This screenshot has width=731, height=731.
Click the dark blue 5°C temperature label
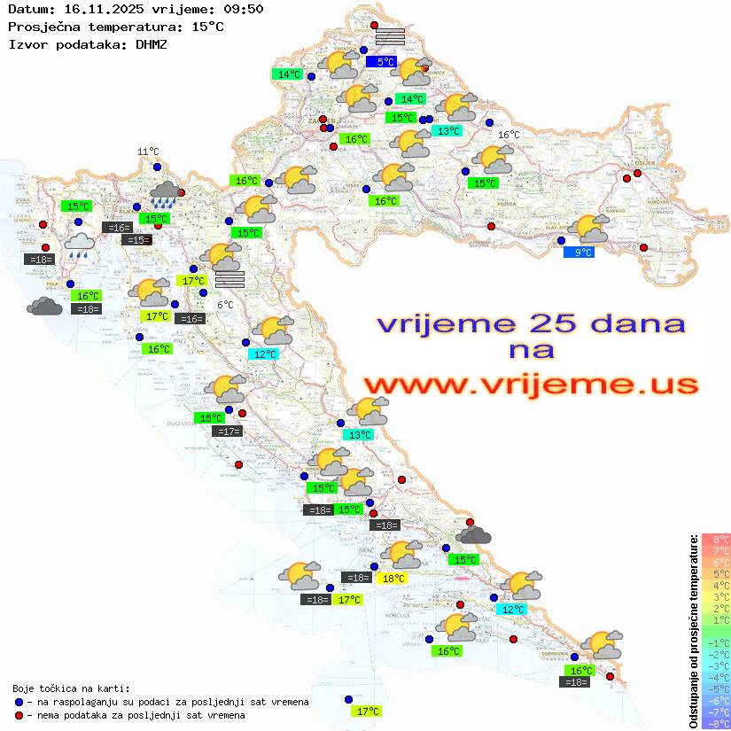click(x=385, y=62)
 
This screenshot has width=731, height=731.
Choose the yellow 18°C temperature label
click(x=393, y=579)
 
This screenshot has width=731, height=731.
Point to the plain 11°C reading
click(x=148, y=152)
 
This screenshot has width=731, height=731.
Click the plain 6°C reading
click(x=225, y=305)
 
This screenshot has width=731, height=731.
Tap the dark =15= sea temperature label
click(x=137, y=240)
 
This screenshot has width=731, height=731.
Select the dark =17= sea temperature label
click(x=228, y=432)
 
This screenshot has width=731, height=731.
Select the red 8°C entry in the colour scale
click(x=716, y=540)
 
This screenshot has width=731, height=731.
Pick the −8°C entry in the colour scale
click(x=716, y=723)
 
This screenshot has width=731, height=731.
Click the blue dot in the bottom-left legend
click(x=19, y=702)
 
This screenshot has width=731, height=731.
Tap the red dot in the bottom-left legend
click(x=19, y=715)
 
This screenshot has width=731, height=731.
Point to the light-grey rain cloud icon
click(x=80, y=244)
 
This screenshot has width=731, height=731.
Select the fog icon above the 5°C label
click(x=390, y=37)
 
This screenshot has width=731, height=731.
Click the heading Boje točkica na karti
click(x=71, y=688)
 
